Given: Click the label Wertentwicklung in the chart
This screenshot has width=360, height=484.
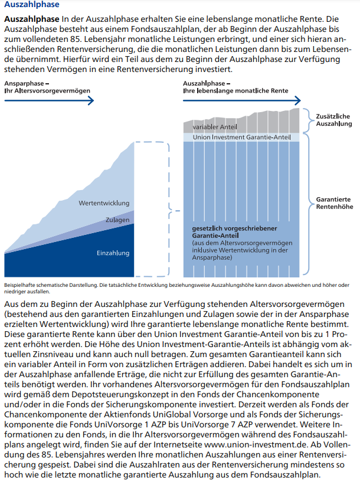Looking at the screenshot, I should click(104, 203).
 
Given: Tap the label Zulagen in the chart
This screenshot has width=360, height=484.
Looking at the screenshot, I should click(117, 220).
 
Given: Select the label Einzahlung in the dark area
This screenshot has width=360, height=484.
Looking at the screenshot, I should click(113, 253).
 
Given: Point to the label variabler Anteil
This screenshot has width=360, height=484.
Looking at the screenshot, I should click(215, 127).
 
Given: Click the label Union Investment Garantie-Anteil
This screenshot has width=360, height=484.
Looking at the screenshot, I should click(242, 137).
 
